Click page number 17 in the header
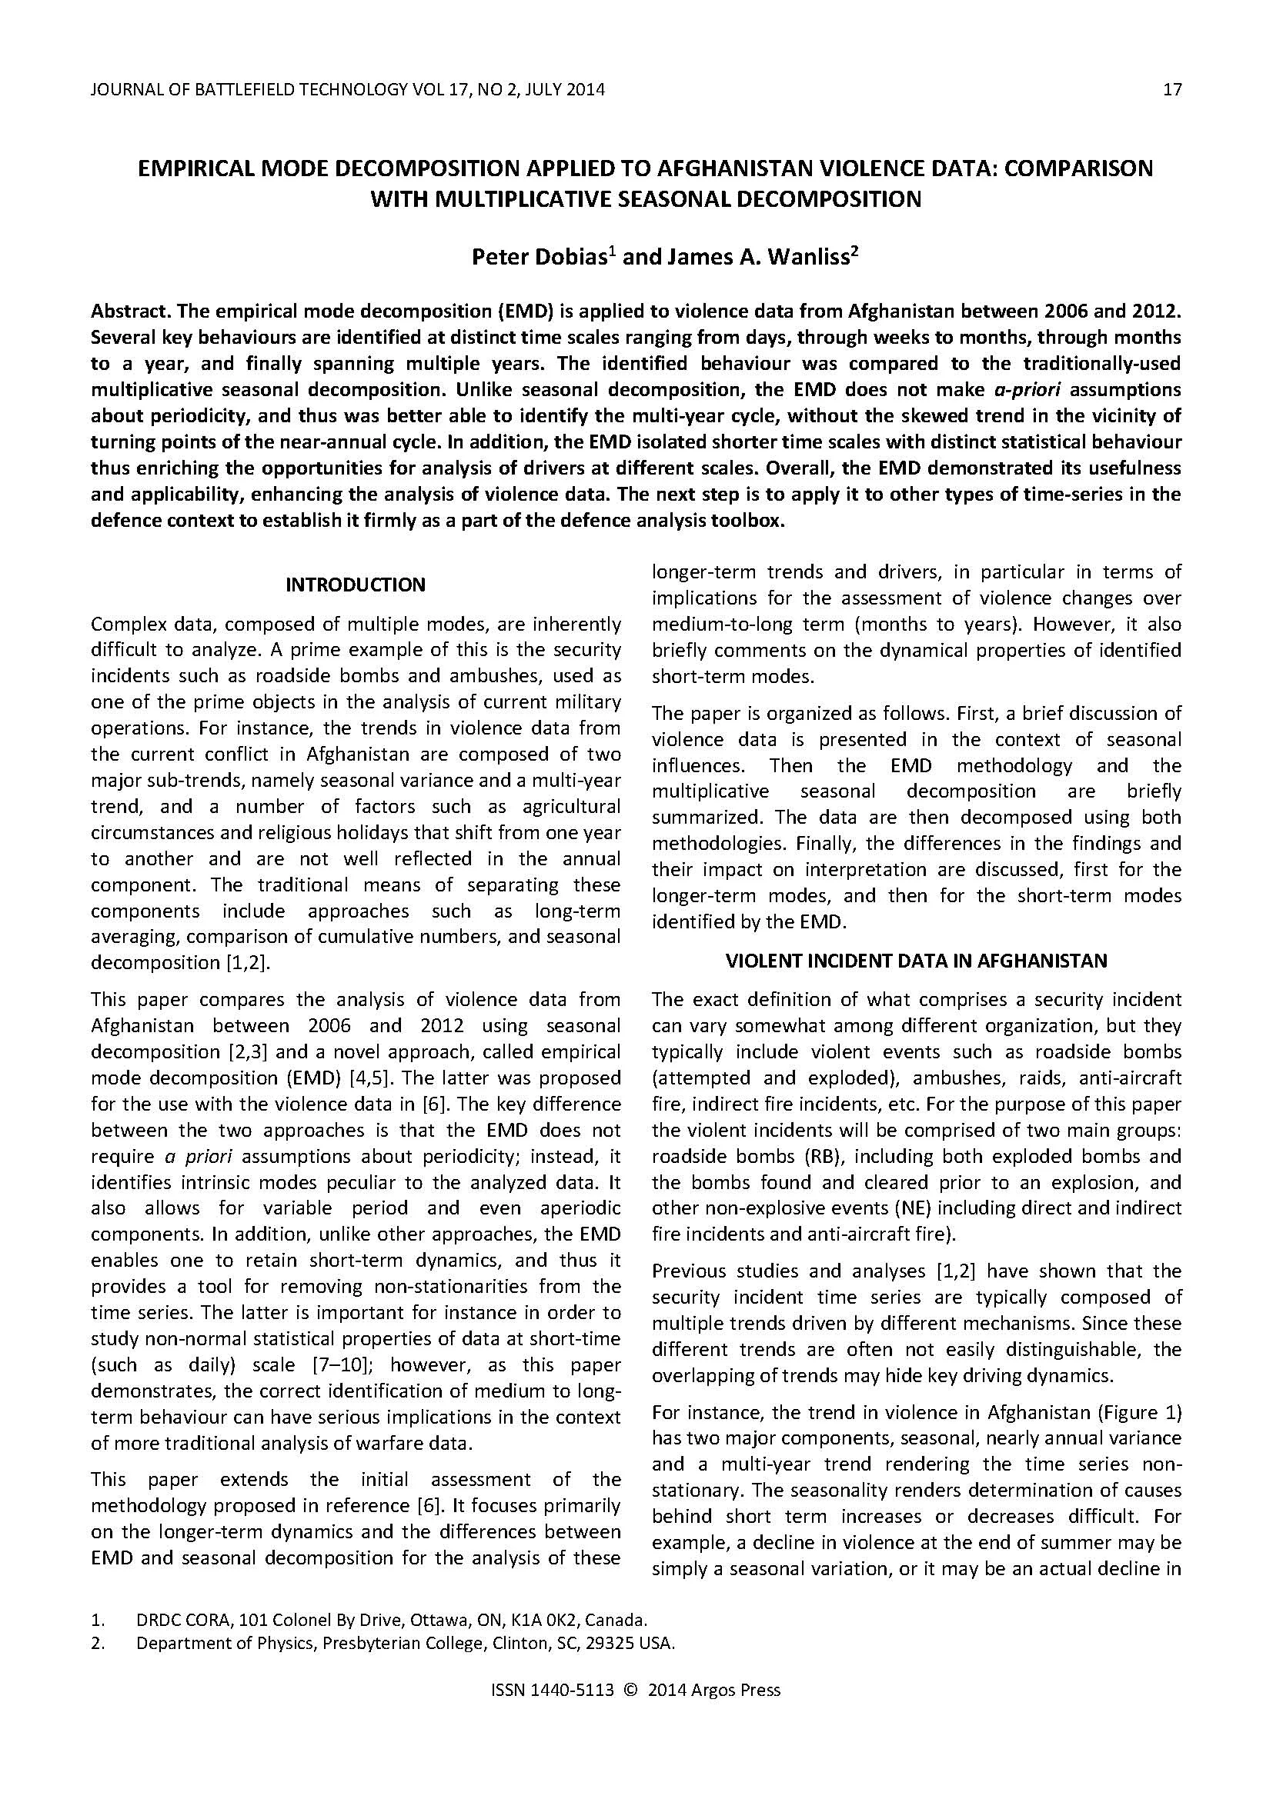coord(1172,89)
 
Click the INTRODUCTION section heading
coord(355,585)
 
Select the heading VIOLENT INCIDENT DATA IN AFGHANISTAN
coord(917,961)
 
